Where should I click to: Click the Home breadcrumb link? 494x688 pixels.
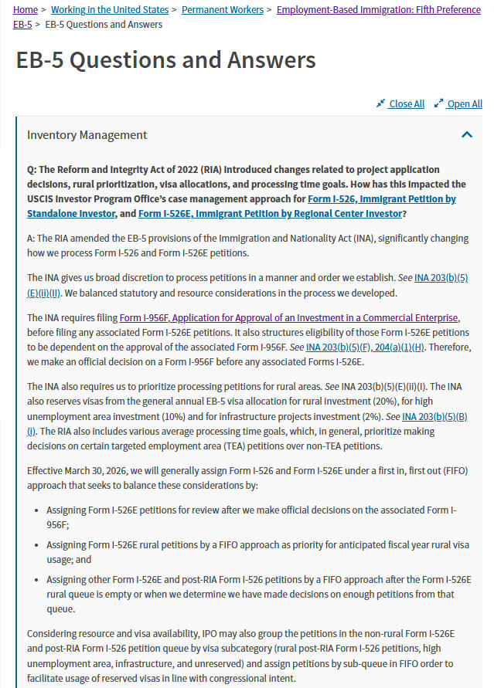pyautogui.click(x=26, y=10)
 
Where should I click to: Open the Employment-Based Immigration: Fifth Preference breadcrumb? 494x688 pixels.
pyautogui.click(x=379, y=10)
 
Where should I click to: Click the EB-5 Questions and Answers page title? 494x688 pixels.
pyautogui.click(x=165, y=61)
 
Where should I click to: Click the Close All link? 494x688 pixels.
pyautogui.click(x=406, y=104)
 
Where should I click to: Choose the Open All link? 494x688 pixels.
pyautogui.click(x=464, y=104)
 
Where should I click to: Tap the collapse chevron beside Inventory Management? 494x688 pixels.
pyautogui.click(x=466, y=135)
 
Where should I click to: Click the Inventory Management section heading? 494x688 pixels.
pyautogui.click(x=87, y=135)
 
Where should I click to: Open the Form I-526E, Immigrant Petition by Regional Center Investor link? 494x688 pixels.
pyautogui.click(x=270, y=213)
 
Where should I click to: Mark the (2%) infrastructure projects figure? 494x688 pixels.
pyautogui.click(x=377, y=415)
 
